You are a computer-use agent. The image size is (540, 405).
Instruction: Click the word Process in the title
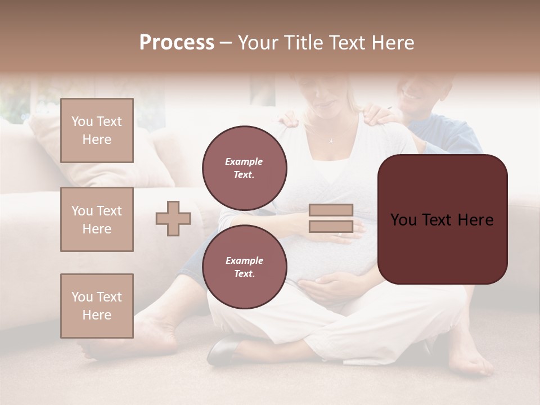click(177, 43)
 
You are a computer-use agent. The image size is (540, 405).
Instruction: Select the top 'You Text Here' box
click(97, 130)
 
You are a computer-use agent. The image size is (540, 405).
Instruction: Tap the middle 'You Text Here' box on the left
click(97, 219)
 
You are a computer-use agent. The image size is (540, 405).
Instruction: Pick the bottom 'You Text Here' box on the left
click(97, 305)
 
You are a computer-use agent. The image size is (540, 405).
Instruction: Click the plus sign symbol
click(173, 218)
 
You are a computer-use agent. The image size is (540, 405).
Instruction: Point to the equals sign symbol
click(331, 218)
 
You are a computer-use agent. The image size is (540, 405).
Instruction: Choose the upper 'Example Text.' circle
click(244, 168)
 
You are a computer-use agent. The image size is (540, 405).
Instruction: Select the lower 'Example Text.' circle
click(244, 267)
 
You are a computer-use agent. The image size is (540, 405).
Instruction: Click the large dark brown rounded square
click(442, 219)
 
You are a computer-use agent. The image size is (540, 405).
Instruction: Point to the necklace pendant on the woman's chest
click(331, 140)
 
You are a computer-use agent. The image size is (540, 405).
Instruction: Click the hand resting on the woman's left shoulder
click(383, 115)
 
